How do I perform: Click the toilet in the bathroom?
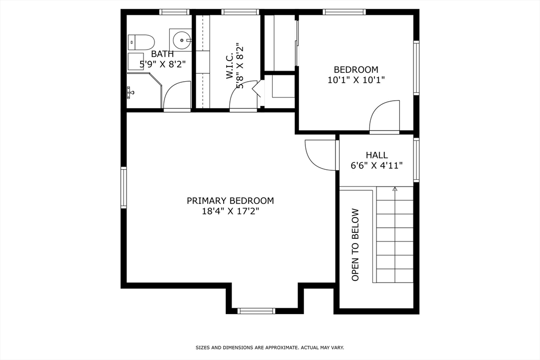tap(141, 41)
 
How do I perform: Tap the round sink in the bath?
tap(181, 39)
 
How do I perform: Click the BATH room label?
tap(162, 54)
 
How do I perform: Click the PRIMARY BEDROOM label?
tap(230, 201)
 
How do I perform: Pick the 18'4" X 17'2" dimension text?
tap(230, 211)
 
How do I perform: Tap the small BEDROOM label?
tap(356, 70)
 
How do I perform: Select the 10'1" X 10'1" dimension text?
tap(356, 80)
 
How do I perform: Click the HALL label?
tap(377, 155)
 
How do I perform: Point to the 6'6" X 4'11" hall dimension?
tap(377, 166)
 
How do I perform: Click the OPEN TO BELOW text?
tap(355, 245)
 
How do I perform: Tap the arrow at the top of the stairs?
tap(394, 189)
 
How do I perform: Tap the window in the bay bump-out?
tap(256, 310)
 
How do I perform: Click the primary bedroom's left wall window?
tap(124, 187)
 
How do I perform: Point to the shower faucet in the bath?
tap(130, 92)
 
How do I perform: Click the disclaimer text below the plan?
tap(269, 347)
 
